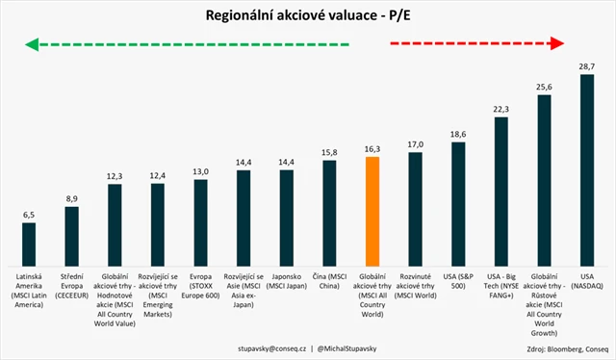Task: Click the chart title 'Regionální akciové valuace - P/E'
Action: coord(307,15)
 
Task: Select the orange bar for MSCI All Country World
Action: coord(372,211)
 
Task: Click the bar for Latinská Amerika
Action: coord(29,244)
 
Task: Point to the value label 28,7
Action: coord(585,64)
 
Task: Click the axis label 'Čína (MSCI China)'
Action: coord(329,282)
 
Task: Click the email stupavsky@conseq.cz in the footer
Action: coord(252,344)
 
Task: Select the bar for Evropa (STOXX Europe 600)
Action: coord(200,222)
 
